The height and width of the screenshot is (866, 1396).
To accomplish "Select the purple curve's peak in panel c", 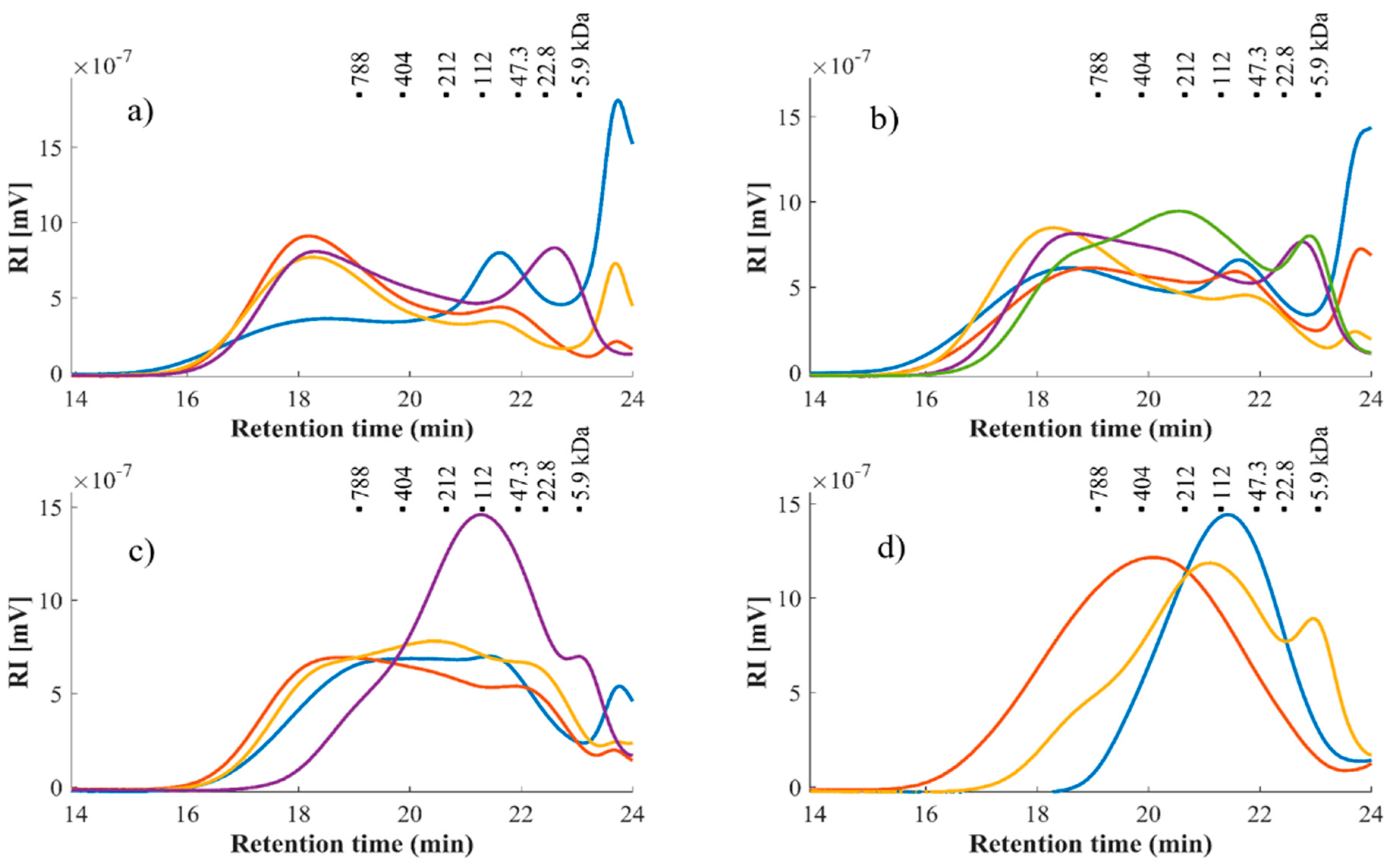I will click(x=481, y=515).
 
